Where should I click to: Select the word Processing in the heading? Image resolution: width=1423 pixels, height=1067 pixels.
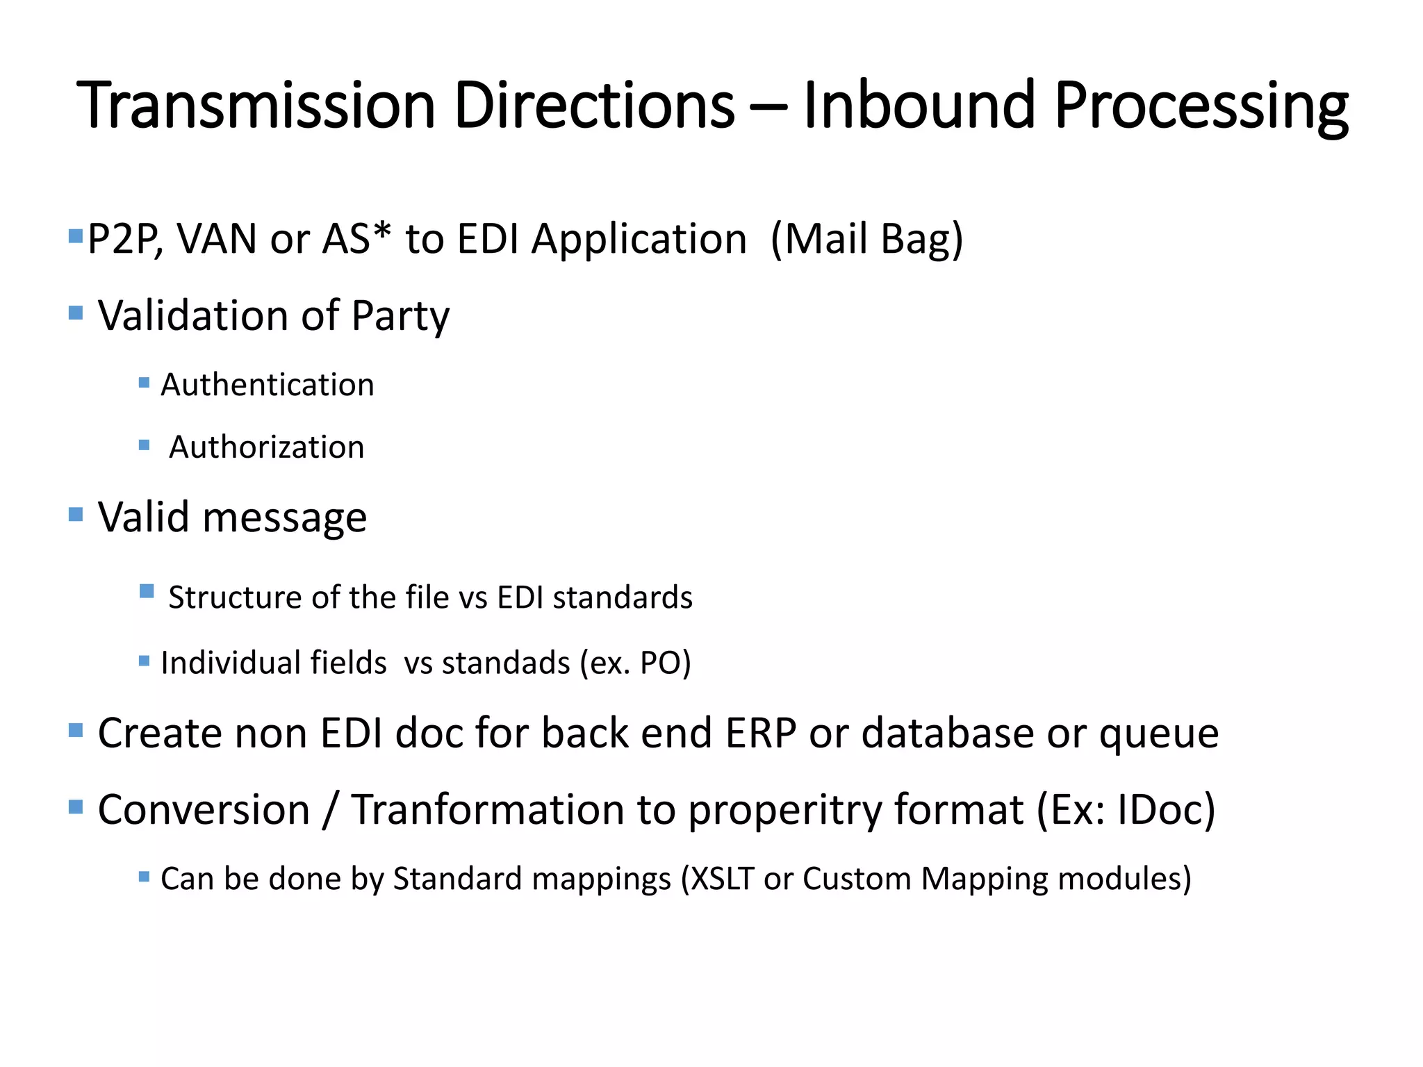pyautogui.click(x=1201, y=107)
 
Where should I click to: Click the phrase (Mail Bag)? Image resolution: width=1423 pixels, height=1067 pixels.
pyautogui.click(x=867, y=240)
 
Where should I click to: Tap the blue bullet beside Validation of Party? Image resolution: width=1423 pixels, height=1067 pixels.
pyautogui.click(x=76, y=313)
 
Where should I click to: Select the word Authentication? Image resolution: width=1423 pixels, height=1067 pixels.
pyautogui.click(x=268, y=385)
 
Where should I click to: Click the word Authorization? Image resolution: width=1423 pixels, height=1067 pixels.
pyautogui.click(x=267, y=447)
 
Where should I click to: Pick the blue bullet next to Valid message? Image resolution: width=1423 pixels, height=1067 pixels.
pyautogui.click(x=76, y=514)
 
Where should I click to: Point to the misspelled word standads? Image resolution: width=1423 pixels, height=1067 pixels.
pyautogui.click(x=506, y=663)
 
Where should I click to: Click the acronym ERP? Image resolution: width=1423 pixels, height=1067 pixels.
pyautogui.click(x=761, y=734)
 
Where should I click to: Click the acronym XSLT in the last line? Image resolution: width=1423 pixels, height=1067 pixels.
pyautogui.click(x=723, y=879)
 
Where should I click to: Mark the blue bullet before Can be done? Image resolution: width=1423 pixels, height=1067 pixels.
pyautogui.click(x=144, y=877)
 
